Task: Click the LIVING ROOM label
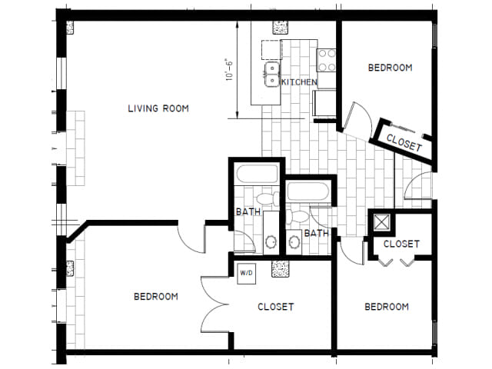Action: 158,108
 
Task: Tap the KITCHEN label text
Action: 299,82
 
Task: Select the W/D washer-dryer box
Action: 246,274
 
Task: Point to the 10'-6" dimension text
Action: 230,70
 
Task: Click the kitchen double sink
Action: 272,75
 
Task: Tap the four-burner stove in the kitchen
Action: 326,60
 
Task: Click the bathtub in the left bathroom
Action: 257,174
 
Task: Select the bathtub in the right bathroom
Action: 308,191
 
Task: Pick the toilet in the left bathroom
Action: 268,198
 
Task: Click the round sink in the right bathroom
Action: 294,242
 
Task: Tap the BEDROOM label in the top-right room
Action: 390,68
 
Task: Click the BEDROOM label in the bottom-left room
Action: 156,297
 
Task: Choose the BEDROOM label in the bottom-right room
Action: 387,307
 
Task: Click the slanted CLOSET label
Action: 404,143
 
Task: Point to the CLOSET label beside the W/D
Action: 276,307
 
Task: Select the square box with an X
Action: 381,222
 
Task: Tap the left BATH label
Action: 248,212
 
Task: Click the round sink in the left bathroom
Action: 271,242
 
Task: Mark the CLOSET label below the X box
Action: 401,244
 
